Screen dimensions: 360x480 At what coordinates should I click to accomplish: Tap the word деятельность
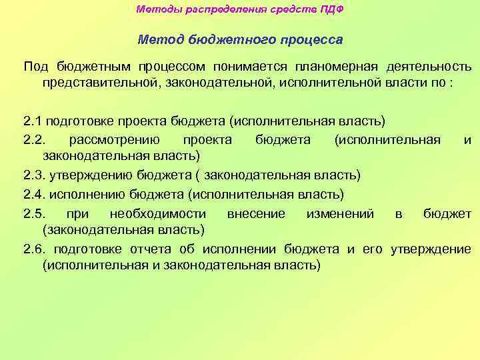point(429,67)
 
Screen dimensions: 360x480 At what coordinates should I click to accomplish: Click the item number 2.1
point(32,121)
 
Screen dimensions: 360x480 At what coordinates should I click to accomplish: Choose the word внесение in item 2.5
point(256,213)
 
